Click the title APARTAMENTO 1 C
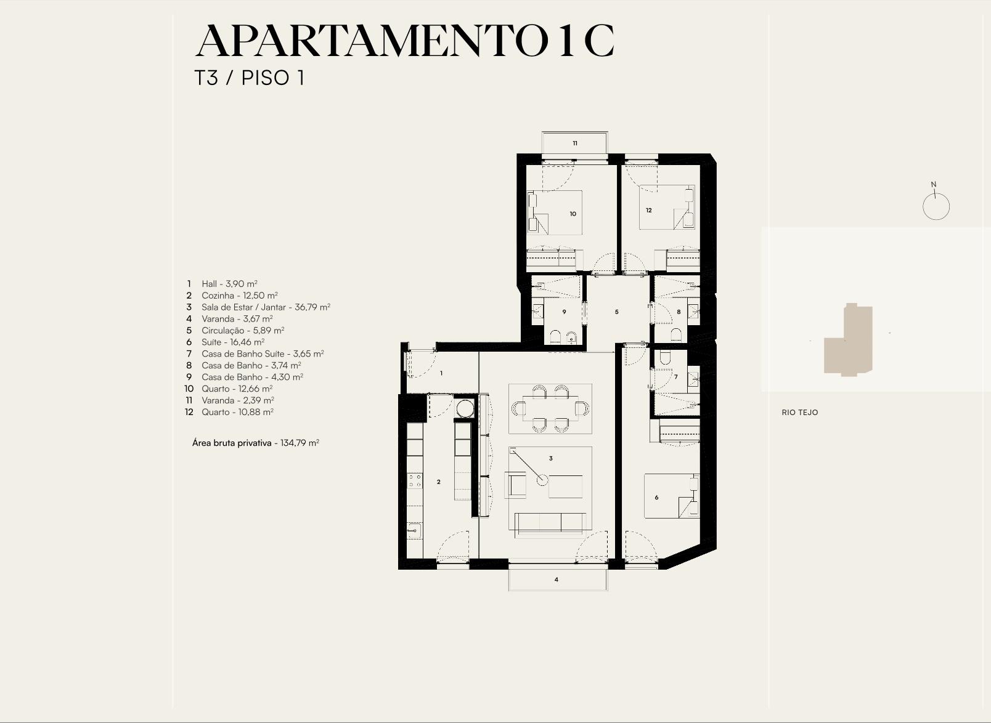(x=404, y=41)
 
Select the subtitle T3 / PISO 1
(x=249, y=78)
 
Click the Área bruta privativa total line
(x=256, y=443)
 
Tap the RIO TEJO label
(x=800, y=413)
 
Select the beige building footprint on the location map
(x=848, y=339)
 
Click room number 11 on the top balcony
(x=575, y=143)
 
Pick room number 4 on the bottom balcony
(x=557, y=580)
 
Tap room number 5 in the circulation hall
(x=617, y=312)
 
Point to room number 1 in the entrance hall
(x=441, y=373)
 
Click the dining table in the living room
(x=550, y=408)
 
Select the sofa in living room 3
(x=550, y=522)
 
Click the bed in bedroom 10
(x=555, y=212)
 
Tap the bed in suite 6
(x=672, y=496)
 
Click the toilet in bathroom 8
(x=676, y=334)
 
